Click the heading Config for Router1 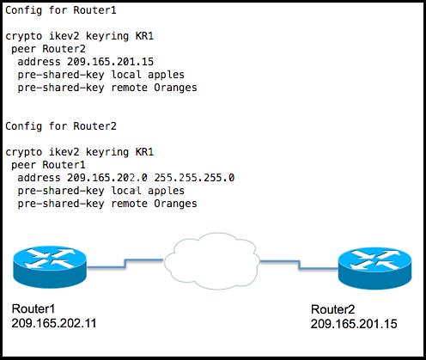point(61,10)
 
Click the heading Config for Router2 point(61,126)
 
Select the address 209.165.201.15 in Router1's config point(110,62)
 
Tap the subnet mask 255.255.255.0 point(194,178)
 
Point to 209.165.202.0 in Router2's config point(107,178)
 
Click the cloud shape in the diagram point(212,261)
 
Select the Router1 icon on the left point(50,266)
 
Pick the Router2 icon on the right point(374,268)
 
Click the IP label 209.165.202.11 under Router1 point(54,323)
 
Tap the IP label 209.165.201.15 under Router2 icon point(354,324)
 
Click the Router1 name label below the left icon point(33,308)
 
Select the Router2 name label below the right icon point(332,309)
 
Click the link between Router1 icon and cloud point(125,264)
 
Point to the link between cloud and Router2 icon point(299,265)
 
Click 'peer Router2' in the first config point(48,49)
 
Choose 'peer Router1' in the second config point(48,165)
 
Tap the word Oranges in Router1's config point(175,88)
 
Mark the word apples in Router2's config point(166,191)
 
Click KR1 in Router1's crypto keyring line point(144,36)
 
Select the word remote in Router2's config point(129,204)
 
